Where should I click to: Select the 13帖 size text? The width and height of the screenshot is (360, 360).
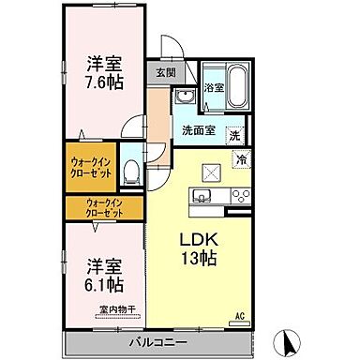click(x=199, y=258)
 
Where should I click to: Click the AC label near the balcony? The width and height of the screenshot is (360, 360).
click(x=240, y=315)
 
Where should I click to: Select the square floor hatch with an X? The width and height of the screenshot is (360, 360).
click(x=210, y=172)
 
